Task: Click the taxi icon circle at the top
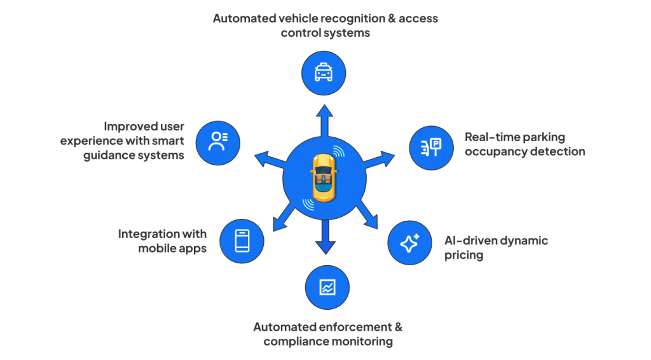[x=324, y=73]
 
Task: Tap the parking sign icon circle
[x=430, y=148]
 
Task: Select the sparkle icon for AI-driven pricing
[x=409, y=243]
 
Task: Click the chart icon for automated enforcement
[x=327, y=287]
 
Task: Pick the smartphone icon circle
[x=242, y=241]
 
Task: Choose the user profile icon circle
[x=217, y=141]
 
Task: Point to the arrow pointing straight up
[x=324, y=118]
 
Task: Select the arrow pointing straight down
[x=325, y=241]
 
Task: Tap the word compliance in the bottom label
[x=297, y=342]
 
